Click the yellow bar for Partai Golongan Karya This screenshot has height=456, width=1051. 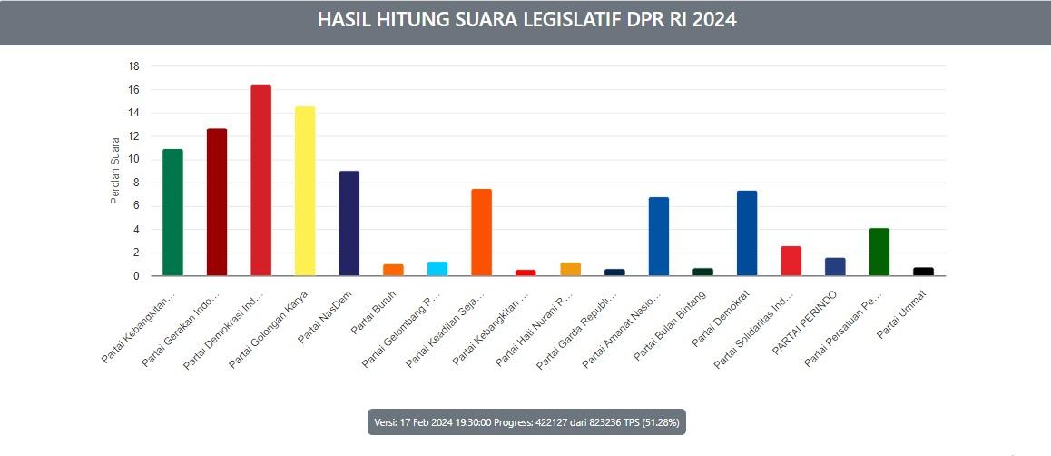[x=305, y=191]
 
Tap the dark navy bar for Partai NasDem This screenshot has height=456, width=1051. [x=349, y=223]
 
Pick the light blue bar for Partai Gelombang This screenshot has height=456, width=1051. [x=437, y=269]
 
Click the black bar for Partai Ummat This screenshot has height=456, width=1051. [x=923, y=272]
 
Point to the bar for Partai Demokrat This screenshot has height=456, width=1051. [x=747, y=233]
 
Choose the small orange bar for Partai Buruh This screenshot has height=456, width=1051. [x=393, y=270]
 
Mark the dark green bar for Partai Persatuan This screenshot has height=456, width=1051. [x=879, y=252]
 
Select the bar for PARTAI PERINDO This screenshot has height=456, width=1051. [x=835, y=266]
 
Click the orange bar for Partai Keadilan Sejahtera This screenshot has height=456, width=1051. [x=481, y=232]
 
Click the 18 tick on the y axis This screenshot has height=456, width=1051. [x=133, y=66]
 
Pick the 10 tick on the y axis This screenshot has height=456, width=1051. [x=133, y=159]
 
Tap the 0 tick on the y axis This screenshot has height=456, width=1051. [x=135, y=275]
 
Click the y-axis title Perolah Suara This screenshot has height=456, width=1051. [x=115, y=171]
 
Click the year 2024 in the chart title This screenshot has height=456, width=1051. [x=712, y=20]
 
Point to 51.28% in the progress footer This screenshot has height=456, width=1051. [x=657, y=422]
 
